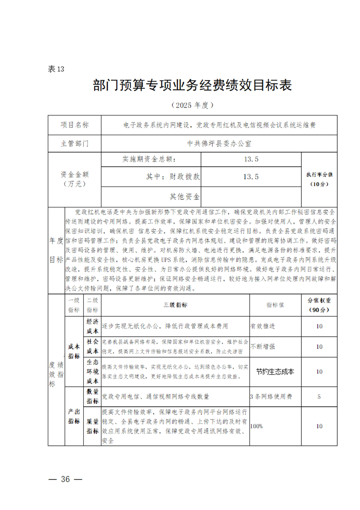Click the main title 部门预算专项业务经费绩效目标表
coord(192,86)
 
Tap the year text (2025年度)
coord(192,105)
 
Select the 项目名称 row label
coord(75,125)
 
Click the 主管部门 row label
coord(75,143)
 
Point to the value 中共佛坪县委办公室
coord(220,143)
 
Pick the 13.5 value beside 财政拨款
coord(250,177)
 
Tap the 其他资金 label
coord(185,197)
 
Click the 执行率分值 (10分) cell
coord(319,179)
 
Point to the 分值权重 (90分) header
coord(319,305)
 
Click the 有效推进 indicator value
coord(263,326)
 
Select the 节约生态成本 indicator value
coord(275,371)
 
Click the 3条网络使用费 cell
coord(271,396)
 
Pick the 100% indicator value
coord(257,426)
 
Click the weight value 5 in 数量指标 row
coord(319,396)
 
